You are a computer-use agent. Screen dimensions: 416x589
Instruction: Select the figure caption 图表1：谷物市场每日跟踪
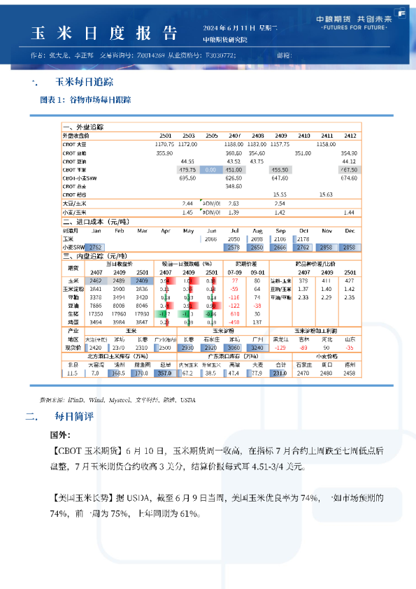click(85, 100)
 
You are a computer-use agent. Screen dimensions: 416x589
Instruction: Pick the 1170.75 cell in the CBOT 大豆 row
click(164, 143)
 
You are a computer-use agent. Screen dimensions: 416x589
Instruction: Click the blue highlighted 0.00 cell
click(210, 170)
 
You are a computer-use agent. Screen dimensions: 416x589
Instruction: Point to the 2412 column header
click(350, 135)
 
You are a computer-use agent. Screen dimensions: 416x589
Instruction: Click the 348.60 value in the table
click(234, 187)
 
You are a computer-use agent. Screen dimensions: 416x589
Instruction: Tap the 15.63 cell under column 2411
click(326, 194)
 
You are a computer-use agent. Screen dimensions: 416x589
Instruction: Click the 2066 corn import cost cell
click(210, 239)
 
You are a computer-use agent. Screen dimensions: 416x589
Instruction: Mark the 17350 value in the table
click(96, 314)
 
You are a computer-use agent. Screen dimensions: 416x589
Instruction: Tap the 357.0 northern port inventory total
click(165, 374)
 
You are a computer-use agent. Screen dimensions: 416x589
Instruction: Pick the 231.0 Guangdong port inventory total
click(280, 374)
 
